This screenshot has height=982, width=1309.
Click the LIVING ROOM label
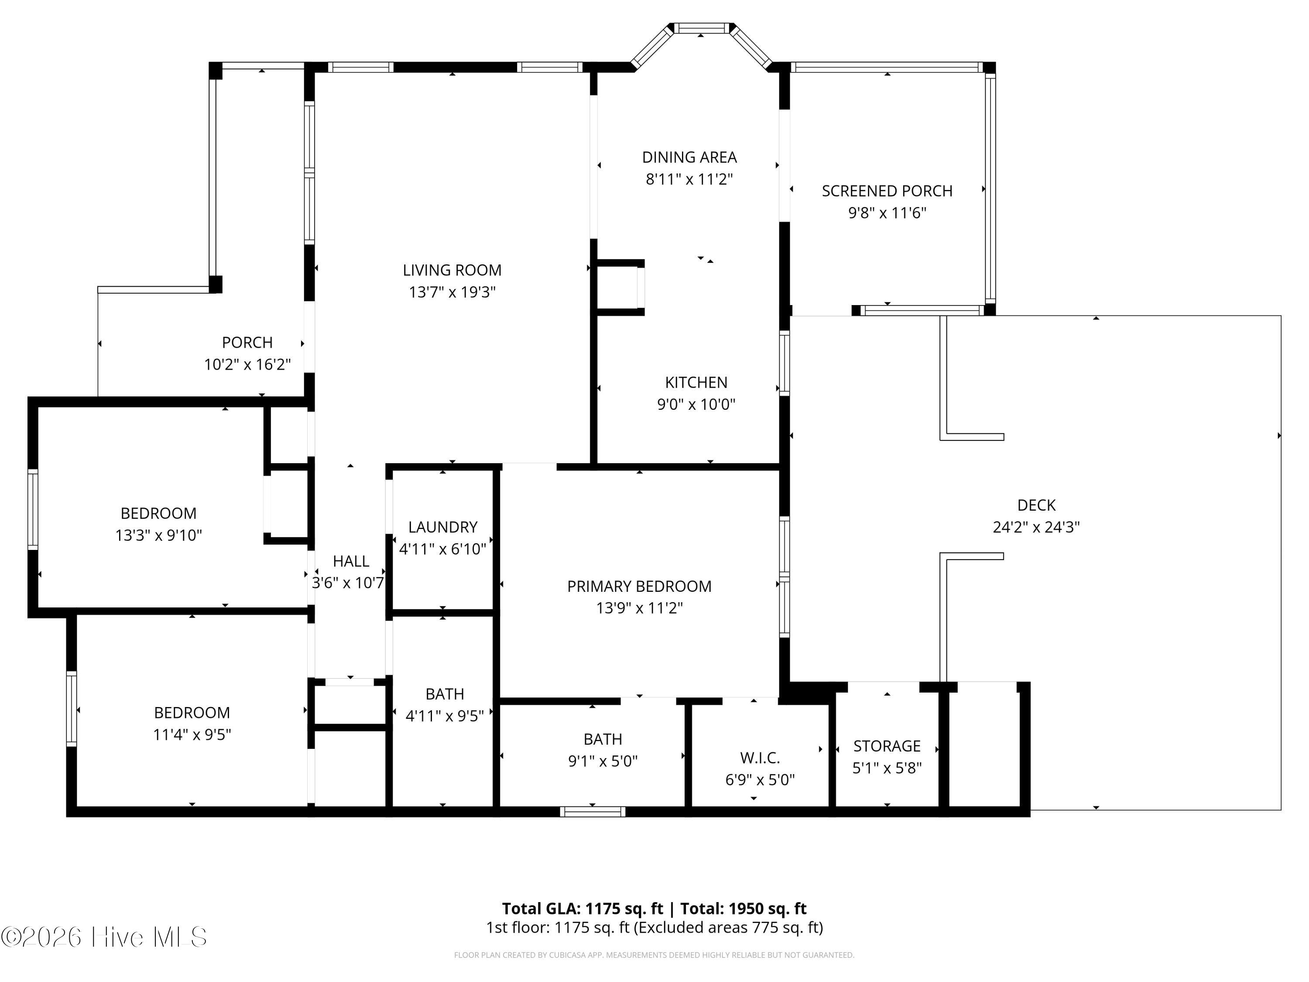[452, 271]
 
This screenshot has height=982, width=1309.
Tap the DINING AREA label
[689, 158]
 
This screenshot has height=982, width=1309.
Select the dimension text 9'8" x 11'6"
[887, 213]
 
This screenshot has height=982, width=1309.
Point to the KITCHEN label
[696, 382]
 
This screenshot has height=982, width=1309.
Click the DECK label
[1036, 505]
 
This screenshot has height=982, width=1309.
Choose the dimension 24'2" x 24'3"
[1036, 527]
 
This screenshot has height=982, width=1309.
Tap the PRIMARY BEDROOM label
[639, 586]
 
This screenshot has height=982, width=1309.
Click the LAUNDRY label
[442, 527]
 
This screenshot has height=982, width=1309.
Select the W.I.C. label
[760, 758]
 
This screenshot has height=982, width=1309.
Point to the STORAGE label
[887, 746]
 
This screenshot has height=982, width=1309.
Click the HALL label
[350, 561]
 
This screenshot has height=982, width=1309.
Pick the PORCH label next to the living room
[247, 343]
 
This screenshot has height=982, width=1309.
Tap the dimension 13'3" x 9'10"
[158, 535]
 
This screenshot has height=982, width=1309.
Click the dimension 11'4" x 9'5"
[192, 735]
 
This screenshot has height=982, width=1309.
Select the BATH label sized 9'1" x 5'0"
[603, 739]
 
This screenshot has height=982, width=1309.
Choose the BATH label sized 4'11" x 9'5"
[445, 694]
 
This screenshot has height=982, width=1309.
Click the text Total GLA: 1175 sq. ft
[583, 909]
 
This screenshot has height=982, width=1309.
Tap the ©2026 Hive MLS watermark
[104, 937]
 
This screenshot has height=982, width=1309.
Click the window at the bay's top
[701, 28]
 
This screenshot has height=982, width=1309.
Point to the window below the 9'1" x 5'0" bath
[593, 811]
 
